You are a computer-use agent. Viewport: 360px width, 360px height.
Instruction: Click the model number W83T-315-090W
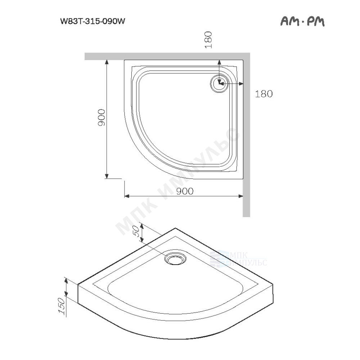(93, 21)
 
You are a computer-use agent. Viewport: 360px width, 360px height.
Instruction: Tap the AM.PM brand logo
(302, 21)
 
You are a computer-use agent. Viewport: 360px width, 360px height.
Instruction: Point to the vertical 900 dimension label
(101, 117)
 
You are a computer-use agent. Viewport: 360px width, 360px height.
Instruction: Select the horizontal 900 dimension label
(185, 191)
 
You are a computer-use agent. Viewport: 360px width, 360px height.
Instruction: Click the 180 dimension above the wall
(208, 40)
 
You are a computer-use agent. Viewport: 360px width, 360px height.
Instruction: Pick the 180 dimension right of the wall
(264, 94)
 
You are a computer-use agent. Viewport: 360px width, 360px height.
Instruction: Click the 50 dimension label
(136, 231)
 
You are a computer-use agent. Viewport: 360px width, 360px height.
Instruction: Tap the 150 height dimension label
(62, 306)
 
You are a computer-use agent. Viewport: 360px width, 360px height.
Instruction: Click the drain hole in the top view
(219, 84)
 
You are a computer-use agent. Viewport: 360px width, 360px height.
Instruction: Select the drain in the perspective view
(175, 259)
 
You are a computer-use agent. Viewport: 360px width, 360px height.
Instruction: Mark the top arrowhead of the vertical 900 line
(107, 62)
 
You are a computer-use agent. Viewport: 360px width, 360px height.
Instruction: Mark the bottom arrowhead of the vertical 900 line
(107, 176)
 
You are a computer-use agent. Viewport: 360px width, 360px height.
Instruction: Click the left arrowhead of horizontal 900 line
(127, 196)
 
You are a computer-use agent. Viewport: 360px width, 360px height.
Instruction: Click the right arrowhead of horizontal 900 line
(240, 196)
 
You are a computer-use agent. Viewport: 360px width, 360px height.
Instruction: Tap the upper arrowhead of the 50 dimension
(142, 226)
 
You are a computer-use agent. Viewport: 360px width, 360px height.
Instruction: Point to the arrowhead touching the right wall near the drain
(240, 84)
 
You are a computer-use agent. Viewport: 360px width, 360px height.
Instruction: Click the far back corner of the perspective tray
(175, 228)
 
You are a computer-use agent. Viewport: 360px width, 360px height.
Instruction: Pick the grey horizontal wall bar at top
(167, 56)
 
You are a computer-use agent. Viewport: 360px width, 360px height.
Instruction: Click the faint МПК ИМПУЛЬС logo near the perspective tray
(238, 259)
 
